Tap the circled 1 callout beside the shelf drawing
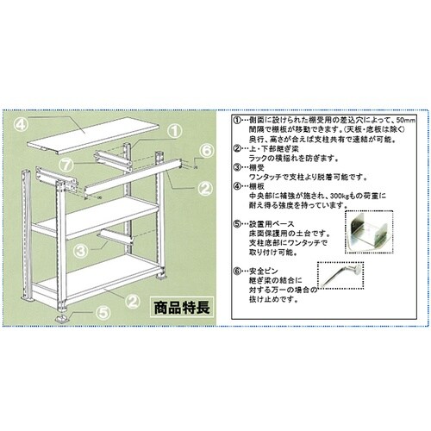click(172, 131)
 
